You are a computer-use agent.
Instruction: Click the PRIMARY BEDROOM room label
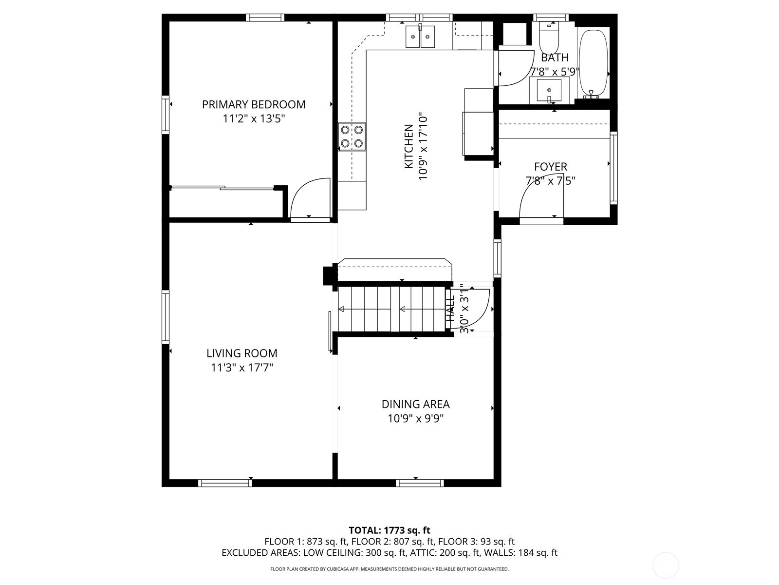click(253, 104)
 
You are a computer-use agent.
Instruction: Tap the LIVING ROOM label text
click(241, 353)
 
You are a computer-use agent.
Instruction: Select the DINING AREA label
click(416, 404)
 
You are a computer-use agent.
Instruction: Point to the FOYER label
click(551, 167)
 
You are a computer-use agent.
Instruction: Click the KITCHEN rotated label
click(409, 146)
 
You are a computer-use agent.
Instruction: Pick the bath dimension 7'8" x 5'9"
click(555, 72)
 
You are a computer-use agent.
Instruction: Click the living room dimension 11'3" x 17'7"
click(241, 367)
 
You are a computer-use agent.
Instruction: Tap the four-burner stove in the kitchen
click(352, 136)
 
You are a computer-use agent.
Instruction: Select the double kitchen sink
click(420, 37)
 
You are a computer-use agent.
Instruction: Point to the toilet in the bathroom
click(549, 38)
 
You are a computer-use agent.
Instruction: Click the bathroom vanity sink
click(549, 91)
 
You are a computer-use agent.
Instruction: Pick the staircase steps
click(392, 309)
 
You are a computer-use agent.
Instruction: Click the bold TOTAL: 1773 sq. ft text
click(389, 530)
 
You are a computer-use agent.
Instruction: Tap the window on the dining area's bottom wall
click(420, 483)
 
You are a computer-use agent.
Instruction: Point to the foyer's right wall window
click(613, 168)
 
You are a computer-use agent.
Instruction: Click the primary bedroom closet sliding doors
click(223, 188)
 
